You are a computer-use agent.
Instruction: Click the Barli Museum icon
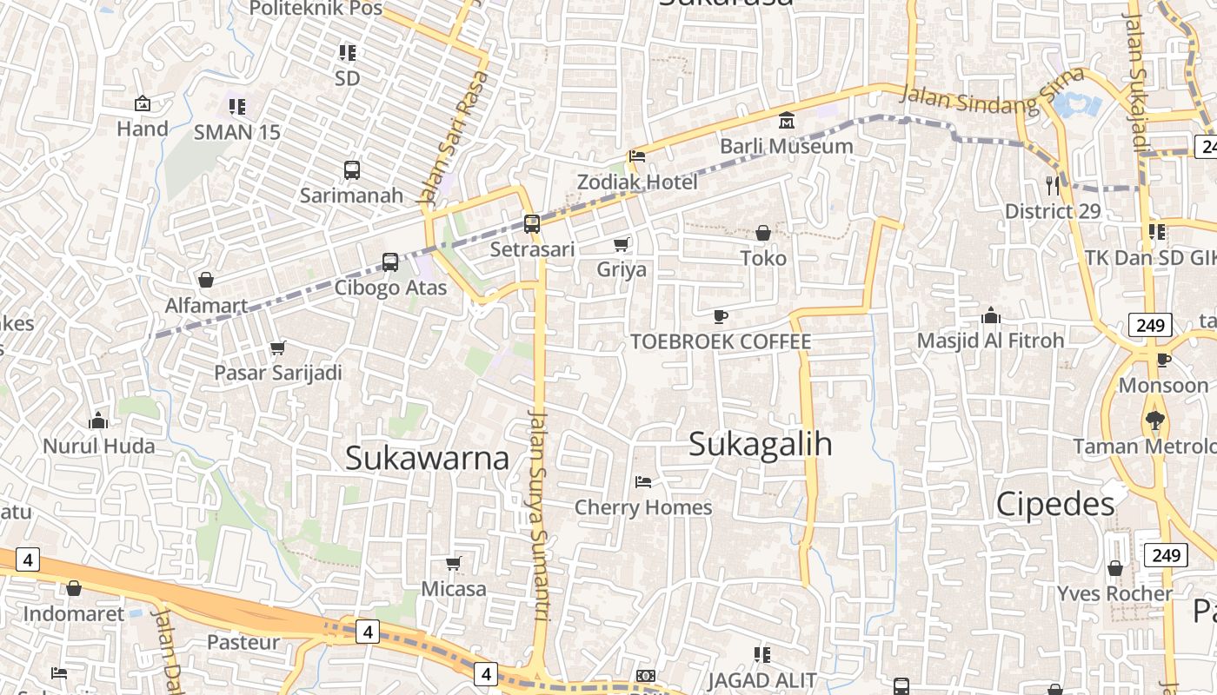pos(787,120)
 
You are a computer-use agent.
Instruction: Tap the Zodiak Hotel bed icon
pos(637,156)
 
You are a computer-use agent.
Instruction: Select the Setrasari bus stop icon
pos(532,223)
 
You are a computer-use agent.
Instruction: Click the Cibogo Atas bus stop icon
pos(390,261)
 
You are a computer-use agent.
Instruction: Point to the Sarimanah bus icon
pos(352,169)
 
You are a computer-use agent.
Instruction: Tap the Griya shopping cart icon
pos(622,244)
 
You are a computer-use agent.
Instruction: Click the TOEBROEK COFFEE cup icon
pos(721,316)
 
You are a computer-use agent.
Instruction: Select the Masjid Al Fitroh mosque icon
pos(990,315)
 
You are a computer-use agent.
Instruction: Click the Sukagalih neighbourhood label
pos(760,444)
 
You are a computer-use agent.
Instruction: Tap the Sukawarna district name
pos(427,458)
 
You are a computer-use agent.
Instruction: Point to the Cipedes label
pos(1055,504)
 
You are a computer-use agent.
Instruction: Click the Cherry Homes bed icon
pos(643,481)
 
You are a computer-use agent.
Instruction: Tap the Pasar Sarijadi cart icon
pos(277,347)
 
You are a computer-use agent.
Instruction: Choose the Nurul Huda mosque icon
pos(98,421)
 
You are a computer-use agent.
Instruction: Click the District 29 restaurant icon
pos(1053,185)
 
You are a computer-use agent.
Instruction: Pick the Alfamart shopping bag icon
pos(206,280)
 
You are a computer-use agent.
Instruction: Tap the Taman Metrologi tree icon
pos(1154,420)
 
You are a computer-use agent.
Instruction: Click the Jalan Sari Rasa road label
pos(454,139)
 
